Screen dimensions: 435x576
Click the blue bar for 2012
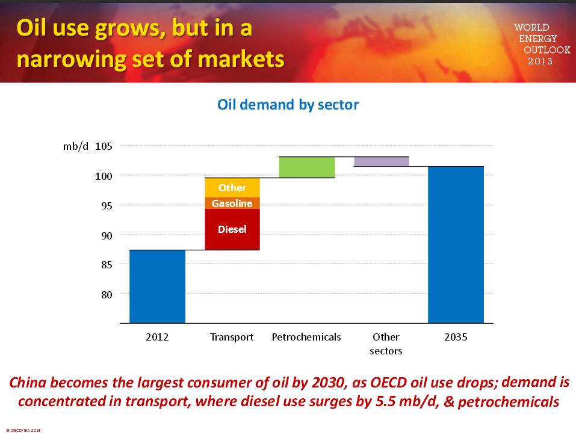157,286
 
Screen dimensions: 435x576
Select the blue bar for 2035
456,245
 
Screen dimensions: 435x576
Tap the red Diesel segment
232,229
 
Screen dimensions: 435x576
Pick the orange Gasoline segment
232,203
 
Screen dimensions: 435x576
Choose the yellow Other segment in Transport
232,188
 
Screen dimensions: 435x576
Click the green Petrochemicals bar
307,167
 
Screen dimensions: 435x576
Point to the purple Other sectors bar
382,161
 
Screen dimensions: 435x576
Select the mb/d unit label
76,146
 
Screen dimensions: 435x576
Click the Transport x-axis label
232,337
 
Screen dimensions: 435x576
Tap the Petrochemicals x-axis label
306,337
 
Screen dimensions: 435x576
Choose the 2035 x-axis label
456,337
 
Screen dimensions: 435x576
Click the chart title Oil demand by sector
288,105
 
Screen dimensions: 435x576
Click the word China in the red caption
28,382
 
